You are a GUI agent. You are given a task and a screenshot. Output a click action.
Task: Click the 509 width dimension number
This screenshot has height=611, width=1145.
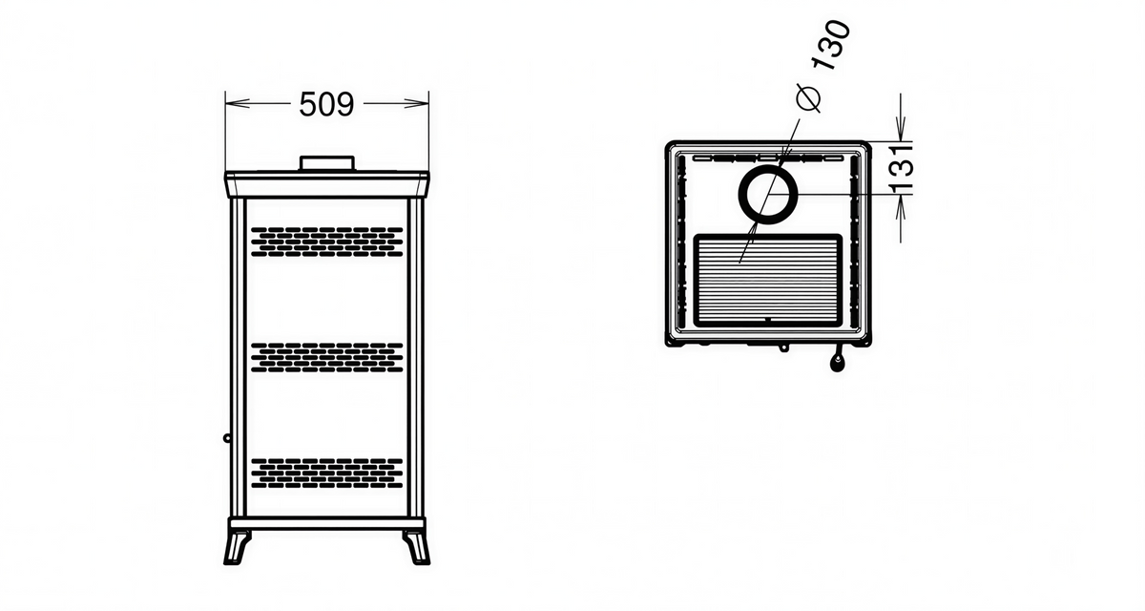[326, 104]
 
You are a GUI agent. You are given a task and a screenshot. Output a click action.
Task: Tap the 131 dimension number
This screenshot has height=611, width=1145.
[903, 168]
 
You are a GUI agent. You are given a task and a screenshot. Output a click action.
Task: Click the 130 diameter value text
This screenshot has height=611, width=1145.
[827, 47]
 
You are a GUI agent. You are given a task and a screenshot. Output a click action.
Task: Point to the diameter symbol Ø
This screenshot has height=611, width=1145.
[806, 97]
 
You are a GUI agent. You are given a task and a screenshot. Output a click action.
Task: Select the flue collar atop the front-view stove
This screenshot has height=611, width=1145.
[327, 164]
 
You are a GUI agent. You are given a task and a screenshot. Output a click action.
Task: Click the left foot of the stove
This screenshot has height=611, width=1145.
[237, 547]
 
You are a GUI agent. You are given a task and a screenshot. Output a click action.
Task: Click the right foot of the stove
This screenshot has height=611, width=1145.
[416, 547]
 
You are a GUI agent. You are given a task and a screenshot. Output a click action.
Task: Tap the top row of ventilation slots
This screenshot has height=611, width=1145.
[327, 241]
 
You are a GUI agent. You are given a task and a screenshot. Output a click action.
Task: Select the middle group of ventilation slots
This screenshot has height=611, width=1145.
[327, 356]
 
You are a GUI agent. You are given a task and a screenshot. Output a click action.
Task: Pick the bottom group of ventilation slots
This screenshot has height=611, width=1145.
[327, 472]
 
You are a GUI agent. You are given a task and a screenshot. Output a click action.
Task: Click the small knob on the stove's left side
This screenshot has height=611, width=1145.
[227, 438]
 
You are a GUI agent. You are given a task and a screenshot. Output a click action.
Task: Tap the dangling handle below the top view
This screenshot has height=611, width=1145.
[838, 361]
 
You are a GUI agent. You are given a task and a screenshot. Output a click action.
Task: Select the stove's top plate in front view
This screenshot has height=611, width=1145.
[327, 182]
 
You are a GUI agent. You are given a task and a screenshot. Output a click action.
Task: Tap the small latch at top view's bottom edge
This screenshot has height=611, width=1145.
[783, 348]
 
